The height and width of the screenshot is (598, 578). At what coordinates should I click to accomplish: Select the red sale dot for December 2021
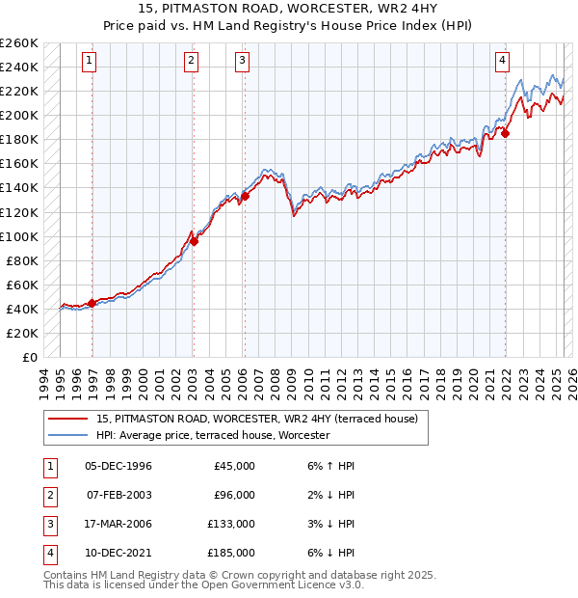(x=506, y=133)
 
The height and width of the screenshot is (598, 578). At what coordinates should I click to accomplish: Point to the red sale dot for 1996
(x=92, y=303)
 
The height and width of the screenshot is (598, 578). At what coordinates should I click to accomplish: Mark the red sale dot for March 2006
(x=245, y=196)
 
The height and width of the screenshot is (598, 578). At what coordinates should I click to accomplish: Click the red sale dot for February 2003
(x=194, y=241)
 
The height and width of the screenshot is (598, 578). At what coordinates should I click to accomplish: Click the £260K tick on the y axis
(x=19, y=43)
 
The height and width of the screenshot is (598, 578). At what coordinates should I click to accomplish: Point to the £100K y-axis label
(x=19, y=236)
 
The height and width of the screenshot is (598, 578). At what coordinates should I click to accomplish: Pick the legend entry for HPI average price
(x=213, y=435)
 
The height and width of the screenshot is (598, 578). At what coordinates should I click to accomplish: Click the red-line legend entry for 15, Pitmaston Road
(x=256, y=419)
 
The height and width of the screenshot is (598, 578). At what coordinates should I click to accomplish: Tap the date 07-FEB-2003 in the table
(x=118, y=495)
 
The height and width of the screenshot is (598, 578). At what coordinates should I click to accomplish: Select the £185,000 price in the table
(x=231, y=553)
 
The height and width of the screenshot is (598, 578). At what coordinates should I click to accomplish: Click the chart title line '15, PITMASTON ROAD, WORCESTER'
(x=289, y=11)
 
